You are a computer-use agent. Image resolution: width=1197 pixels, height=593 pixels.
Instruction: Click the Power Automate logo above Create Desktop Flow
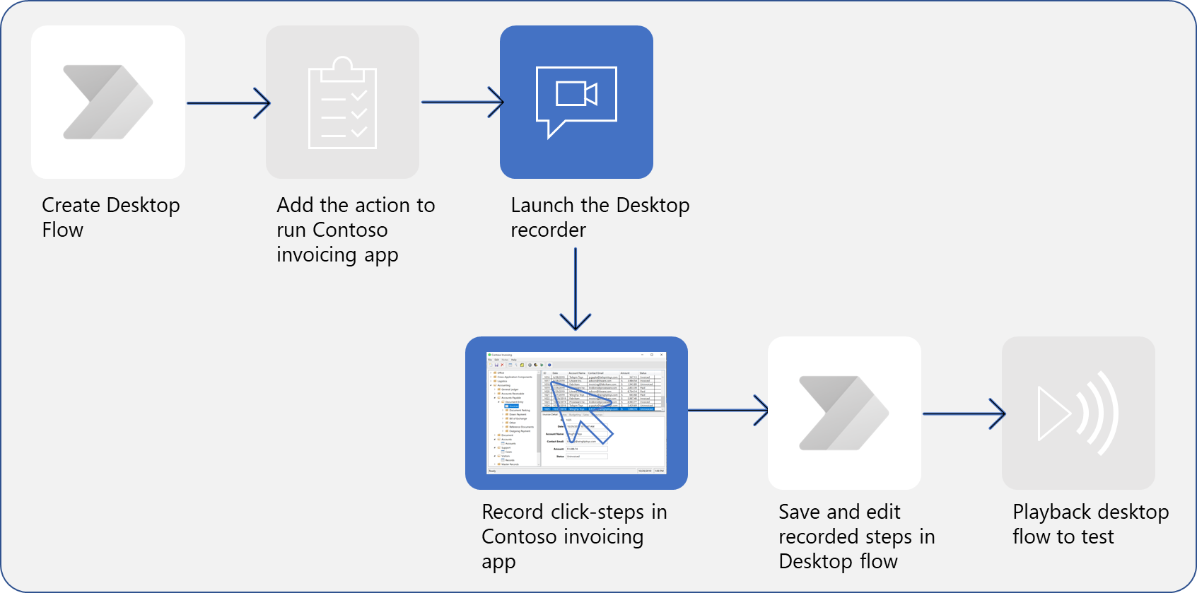point(107,102)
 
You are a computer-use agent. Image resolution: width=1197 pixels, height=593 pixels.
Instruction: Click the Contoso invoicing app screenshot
point(576,413)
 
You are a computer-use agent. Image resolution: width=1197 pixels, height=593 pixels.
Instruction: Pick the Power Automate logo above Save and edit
point(843,413)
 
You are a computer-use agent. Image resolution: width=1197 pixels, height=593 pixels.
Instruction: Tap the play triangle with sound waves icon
point(1078,413)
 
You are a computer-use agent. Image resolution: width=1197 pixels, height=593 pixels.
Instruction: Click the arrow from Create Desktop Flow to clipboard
point(228,103)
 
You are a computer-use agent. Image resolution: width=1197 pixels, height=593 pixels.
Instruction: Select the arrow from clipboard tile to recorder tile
point(462,102)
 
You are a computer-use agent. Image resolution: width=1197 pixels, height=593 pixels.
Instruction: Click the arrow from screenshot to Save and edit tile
point(728,410)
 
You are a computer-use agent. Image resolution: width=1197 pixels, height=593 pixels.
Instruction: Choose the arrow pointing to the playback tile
point(963,413)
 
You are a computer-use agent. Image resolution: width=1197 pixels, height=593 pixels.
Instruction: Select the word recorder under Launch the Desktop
point(548,230)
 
